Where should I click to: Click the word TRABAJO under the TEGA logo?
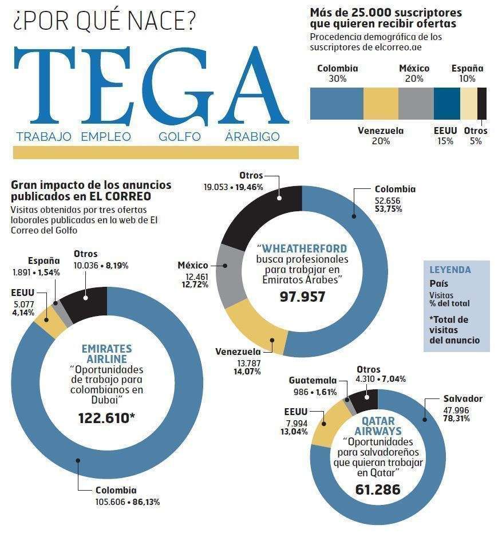[44, 137]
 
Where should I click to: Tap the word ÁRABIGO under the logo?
[252, 137]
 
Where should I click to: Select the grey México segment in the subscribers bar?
[416, 103]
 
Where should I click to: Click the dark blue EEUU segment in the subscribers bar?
[447, 103]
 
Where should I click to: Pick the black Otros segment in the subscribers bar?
[482, 103]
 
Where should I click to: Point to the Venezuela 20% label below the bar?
[381, 136]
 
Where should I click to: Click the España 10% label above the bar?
[467, 73]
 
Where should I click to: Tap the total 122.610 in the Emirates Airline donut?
[106, 418]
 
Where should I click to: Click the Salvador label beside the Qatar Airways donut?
[463, 398]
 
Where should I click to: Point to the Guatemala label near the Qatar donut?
[312, 380]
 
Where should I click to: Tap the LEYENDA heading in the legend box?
[450, 270]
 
